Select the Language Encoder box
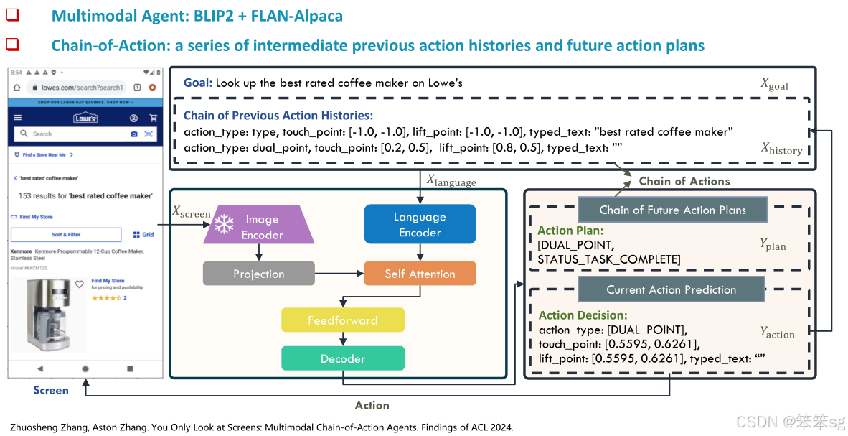pos(420,224)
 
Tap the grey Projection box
pos(258,274)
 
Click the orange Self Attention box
pos(420,274)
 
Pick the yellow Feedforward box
pos(342,320)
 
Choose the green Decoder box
pos(342,358)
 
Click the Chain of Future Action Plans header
pos(672,210)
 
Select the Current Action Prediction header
pos(671,289)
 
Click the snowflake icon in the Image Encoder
pos(225,225)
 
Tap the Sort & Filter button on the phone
pos(66,234)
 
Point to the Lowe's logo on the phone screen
pos(85,118)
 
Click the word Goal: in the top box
pos(198,83)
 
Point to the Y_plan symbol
pos(773,244)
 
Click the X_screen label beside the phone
pos(191,211)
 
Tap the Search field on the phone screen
pos(72,134)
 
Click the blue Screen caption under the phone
pos(51,390)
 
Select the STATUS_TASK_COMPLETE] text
pos(609,259)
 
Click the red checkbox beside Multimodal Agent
pos(13,15)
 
